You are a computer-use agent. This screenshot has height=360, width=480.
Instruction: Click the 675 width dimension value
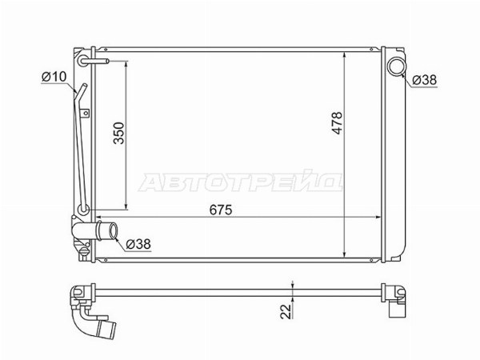[x=221, y=210]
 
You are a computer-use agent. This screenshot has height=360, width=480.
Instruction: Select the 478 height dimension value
[x=338, y=122]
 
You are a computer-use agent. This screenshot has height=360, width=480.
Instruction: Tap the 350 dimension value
[x=119, y=133]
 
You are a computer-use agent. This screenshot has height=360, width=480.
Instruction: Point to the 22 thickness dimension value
[x=286, y=312]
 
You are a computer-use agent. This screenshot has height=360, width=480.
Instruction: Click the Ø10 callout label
[x=54, y=77]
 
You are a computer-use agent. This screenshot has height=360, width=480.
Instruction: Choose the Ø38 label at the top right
[x=424, y=80]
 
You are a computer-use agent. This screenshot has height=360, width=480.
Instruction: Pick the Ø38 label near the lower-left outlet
[x=138, y=244]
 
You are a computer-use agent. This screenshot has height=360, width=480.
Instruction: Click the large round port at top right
[x=397, y=66]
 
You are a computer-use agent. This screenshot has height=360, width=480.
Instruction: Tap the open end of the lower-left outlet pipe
[x=114, y=231]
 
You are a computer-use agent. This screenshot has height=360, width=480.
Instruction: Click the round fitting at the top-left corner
[x=83, y=61]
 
